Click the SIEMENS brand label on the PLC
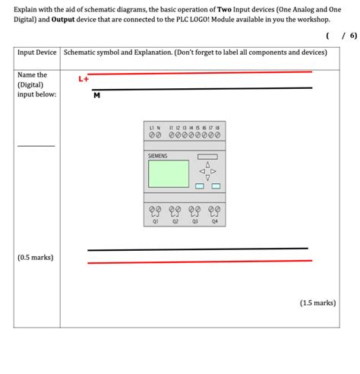click(x=157, y=156)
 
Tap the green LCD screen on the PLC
click(x=169, y=174)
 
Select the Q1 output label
click(x=156, y=222)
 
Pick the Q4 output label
click(x=214, y=222)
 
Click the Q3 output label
click(x=195, y=222)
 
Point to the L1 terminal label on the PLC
click(x=151, y=127)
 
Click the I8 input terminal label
click(x=217, y=127)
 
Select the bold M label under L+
click(x=96, y=95)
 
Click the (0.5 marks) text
click(x=35, y=257)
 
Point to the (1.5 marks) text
click(x=317, y=303)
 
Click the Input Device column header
click(x=37, y=52)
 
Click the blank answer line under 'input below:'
click(x=36, y=145)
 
